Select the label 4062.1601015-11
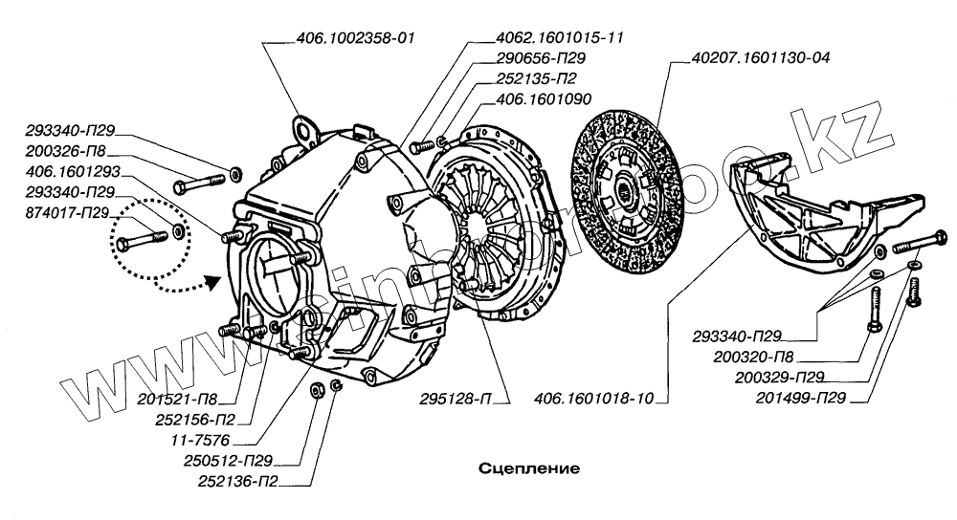click(x=544, y=37)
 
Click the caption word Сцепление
click(x=528, y=469)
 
